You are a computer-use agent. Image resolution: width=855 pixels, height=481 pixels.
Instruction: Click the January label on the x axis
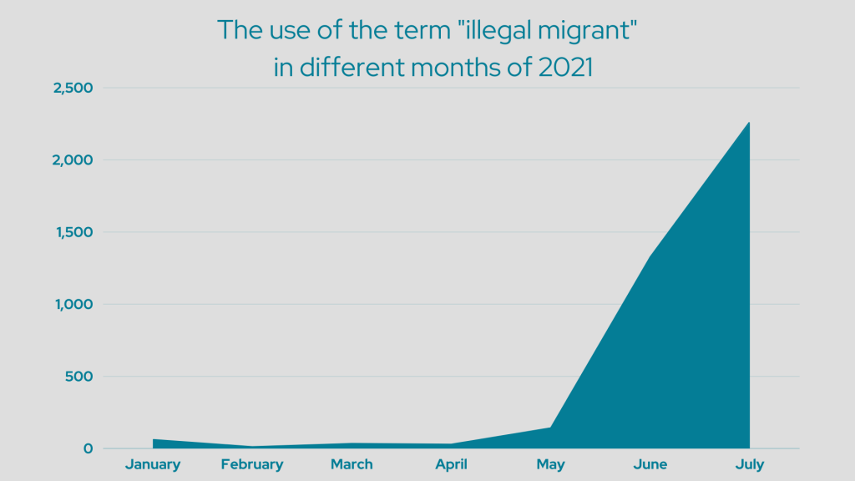point(153,464)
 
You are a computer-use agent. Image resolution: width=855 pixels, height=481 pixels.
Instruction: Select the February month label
point(252,464)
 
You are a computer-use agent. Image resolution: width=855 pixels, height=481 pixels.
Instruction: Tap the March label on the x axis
point(352,464)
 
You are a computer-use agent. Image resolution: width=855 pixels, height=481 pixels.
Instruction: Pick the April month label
point(451,464)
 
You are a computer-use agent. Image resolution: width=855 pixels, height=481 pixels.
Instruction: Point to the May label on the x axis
point(551,465)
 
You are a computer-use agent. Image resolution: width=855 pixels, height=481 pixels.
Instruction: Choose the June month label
point(650,464)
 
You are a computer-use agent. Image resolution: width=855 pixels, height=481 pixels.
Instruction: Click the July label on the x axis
point(750,465)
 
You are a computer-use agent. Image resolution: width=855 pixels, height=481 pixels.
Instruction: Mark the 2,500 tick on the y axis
point(73,88)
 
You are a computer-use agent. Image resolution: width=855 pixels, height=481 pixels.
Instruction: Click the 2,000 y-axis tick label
point(73,159)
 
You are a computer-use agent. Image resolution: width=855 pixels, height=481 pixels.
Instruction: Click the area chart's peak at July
point(749,123)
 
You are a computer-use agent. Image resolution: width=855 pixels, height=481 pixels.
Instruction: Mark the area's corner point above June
point(650,256)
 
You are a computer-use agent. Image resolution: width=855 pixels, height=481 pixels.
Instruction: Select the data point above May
point(550,428)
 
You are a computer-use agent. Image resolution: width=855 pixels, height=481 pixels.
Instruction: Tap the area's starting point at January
point(154,439)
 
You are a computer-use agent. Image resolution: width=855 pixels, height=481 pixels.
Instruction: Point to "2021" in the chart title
point(565,68)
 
